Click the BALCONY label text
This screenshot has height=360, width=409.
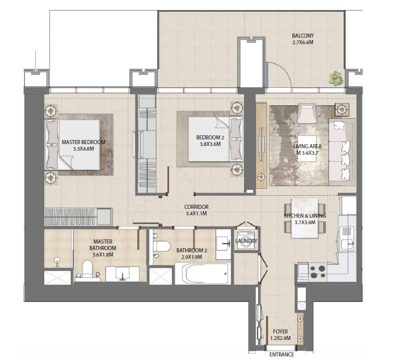coord(304,35)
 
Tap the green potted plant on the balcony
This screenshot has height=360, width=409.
coord(336,78)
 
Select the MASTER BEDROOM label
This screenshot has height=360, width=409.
coord(84,142)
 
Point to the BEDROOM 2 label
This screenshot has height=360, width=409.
coord(209,138)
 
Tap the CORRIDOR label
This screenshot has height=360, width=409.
coord(197,207)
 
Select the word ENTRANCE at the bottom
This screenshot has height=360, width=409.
coord(281,355)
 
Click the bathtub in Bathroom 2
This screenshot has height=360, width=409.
coord(205,274)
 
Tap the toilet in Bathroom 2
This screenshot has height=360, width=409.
coord(160,246)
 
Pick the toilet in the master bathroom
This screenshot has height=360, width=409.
coord(88,270)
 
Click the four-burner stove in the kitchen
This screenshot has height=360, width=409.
coord(318,271)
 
